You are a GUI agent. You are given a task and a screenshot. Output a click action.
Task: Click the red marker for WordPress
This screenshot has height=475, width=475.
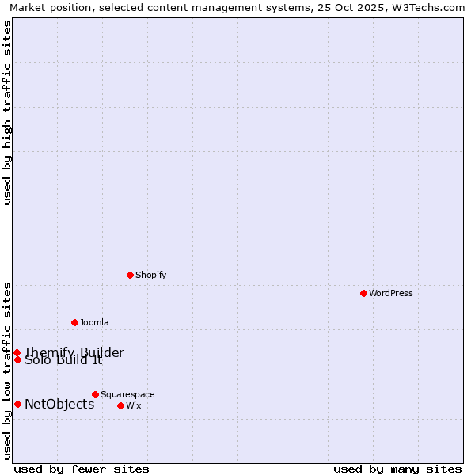coord(363,293)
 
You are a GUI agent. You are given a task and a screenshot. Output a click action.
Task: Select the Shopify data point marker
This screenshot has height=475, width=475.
coord(130,275)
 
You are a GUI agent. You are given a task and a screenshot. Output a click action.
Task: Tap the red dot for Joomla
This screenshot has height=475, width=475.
coord(74,322)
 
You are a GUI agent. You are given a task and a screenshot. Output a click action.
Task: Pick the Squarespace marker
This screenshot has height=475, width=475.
coord(95,394)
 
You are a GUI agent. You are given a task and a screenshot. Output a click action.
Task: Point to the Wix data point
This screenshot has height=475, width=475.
coord(120,405)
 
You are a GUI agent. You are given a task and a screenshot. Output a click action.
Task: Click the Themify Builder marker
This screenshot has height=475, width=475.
coord(17,352)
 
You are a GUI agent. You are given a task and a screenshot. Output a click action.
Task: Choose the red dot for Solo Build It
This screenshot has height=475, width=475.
coord(17,359)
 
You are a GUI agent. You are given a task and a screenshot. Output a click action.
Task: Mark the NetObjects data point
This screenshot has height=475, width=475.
coord(17,404)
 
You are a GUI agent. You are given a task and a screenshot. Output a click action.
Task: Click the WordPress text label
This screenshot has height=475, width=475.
coord(391,293)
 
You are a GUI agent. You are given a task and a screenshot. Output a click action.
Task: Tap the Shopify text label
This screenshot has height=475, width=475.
coord(151,275)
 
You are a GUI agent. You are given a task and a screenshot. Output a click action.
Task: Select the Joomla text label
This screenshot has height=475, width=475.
coord(94,322)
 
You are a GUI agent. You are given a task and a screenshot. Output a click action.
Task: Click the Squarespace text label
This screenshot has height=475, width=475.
coord(127,394)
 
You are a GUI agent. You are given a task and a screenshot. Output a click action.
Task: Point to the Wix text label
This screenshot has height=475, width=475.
coord(134,405)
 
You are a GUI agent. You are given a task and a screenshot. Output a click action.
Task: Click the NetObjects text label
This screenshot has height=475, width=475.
coord(59,404)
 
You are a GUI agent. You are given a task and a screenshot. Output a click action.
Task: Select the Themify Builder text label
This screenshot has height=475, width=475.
coord(74,352)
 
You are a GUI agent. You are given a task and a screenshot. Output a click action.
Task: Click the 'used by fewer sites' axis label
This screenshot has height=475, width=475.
coord(82,469)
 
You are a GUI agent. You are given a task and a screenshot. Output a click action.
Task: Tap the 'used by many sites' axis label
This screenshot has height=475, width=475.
coord(397,469)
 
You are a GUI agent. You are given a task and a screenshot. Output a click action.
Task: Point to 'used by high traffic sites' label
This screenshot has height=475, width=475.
coord(8,112)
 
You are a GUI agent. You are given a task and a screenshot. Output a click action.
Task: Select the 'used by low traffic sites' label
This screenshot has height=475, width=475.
coord(8,370)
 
